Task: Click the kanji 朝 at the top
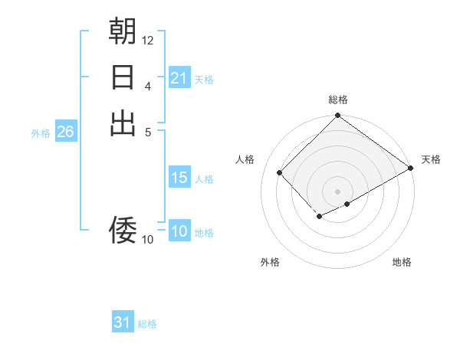tap(123, 31)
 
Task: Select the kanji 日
tap(123, 77)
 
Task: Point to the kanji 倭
tap(123, 228)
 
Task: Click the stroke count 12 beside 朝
tap(148, 40)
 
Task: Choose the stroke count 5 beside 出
tap(148, 131)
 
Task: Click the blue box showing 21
tap(179, 78)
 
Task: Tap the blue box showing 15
tap(179, 178)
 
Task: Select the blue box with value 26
tap(65, 133)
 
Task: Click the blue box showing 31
tap(123, 322)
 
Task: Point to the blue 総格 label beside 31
tap(147, 324)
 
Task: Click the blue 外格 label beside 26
tap(41, 133)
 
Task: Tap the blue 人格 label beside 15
tap(204, 179)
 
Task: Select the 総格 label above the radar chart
tap(338, 100)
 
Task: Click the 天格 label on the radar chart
tap(431, 159)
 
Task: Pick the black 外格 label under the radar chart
tap(270, 262)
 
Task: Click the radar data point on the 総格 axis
tap(337, 116)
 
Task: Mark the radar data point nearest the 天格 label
tap(411, 168)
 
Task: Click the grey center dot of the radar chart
tap(337, 191)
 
